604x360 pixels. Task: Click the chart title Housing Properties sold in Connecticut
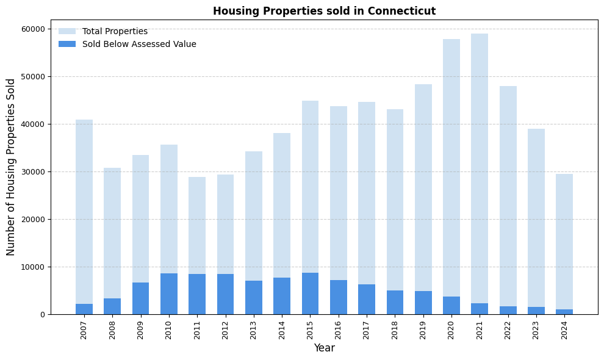point(324,11)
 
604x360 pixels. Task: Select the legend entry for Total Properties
point(115,31)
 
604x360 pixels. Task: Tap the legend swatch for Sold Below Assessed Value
point(67,44)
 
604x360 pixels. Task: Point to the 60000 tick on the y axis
point(33,29)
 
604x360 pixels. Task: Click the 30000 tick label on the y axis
point(33,171)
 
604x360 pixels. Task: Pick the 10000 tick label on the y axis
point(33,267)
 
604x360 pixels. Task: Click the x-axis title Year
point(324,348)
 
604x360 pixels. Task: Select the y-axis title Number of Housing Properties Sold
point(11,167)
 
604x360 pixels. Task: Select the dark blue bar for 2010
point(169,293)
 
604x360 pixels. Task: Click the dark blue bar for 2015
point(311,293)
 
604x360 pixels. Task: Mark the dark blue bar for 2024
point(564,312)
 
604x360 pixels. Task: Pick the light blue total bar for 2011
point(197,226)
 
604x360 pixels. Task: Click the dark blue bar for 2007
point(84,309)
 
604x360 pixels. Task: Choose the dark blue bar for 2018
point(395,302)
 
